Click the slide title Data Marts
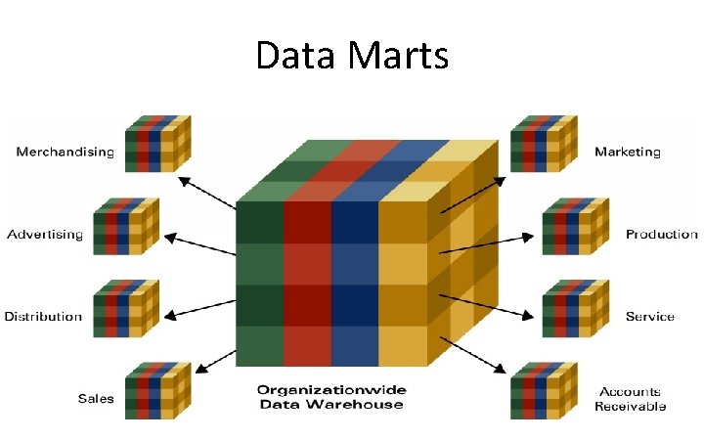pos(352,56)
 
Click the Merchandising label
pos(65,153)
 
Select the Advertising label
pos(45,234)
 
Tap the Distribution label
pos(43,316)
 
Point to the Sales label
pos(96,398)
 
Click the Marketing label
pos(628,153)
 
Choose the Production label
pos(662,234)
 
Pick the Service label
pos(650,316)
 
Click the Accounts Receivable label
pos(631,398)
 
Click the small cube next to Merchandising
pos(157,143)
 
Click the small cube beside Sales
pos(157,391)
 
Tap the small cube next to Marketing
pos(543,143)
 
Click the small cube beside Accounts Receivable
pos(543,391)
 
